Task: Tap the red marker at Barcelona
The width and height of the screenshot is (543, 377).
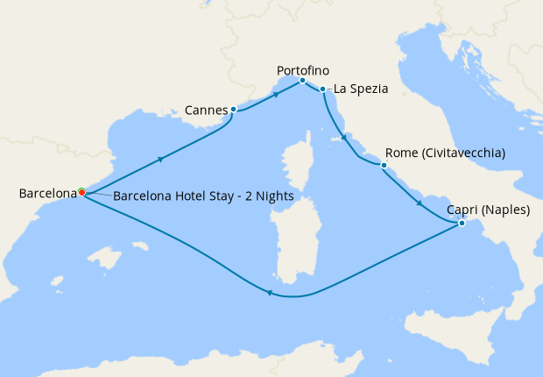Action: click(x=81, y=192)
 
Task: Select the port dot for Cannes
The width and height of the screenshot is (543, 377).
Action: click(x=233, y=110)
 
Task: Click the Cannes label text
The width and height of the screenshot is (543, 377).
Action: click(x=207, y=110)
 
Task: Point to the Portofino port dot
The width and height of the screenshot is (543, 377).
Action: click(x=302, y=81)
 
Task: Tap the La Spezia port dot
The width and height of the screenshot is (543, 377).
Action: click(x=323, y=89)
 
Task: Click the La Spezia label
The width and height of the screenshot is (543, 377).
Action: click(x=359, y=89)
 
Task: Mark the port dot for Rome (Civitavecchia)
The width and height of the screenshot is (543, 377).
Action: click(x=383, y=165)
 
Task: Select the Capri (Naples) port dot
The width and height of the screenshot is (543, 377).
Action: click(x=462, y=224)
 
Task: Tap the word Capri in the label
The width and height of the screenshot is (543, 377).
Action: click(x=462, y=210)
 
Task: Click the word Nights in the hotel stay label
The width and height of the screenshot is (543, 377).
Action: click(x=272, y=196)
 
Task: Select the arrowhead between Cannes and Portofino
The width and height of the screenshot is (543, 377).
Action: click(x=276, y=95)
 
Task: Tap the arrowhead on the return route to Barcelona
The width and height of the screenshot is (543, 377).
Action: click(x=269, y=294)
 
